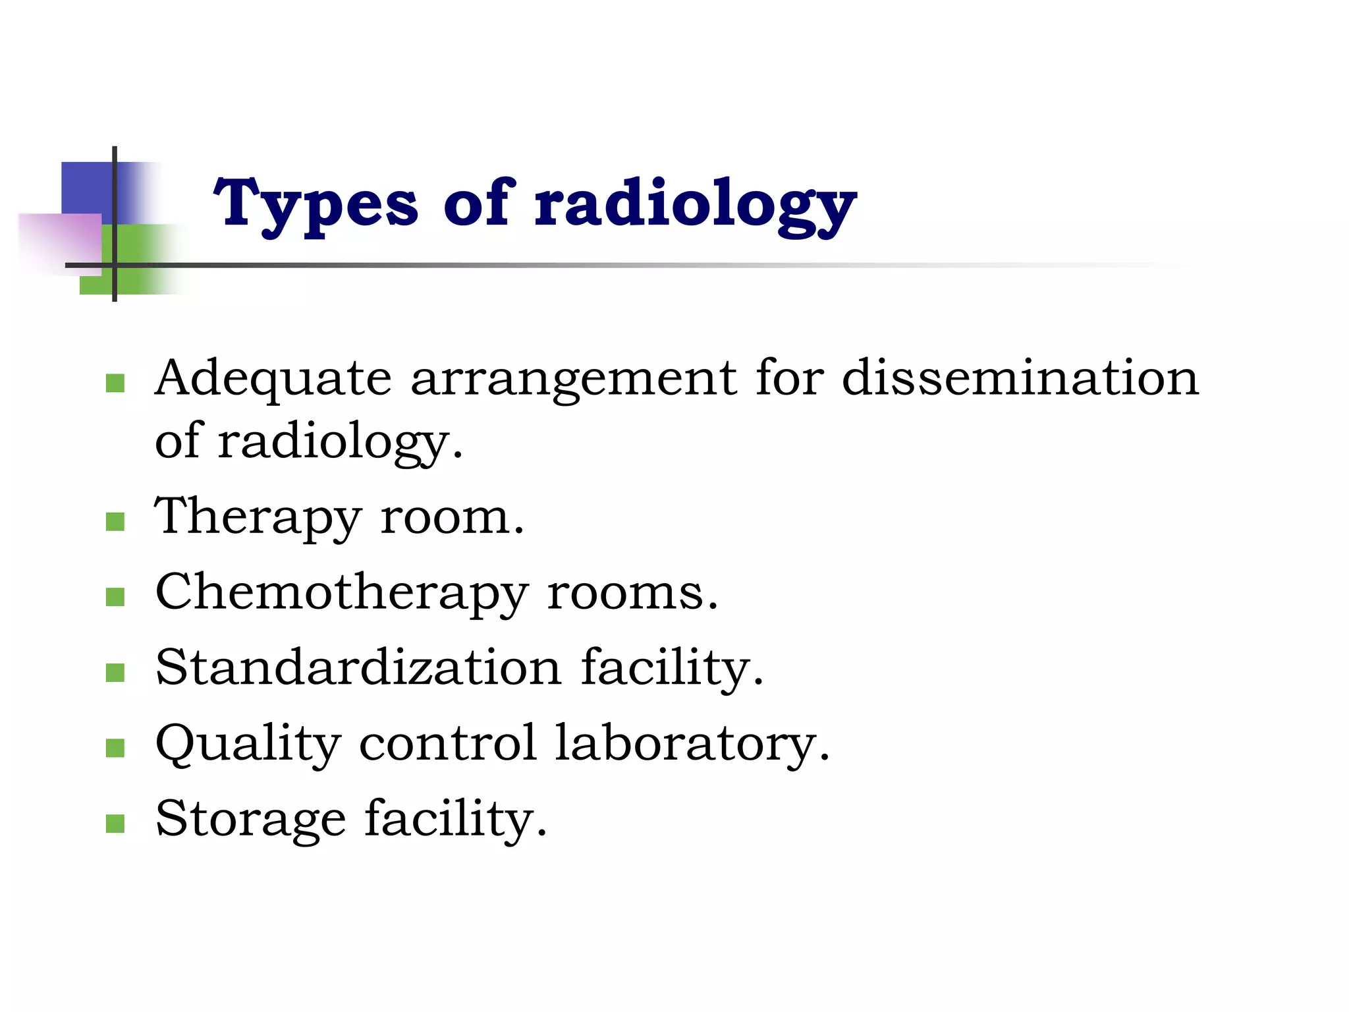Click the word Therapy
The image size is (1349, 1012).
(x=258, y=518)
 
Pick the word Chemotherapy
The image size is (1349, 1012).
(x=341, y=593)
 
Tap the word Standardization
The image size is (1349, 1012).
(x=358, y=668)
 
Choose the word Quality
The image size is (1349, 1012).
(x=248, y=745)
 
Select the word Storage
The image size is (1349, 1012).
(x=250, y=820)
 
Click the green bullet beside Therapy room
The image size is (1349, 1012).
(x=115, y=522)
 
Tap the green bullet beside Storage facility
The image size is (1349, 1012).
(x=115, y=824)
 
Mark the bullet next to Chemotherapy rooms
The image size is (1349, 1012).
(x=115, y=597)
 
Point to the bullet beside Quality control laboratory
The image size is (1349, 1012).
(x=115, y=748)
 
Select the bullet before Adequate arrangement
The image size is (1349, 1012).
(x=115, y=383)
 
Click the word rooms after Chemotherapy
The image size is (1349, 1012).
(x=632, y=593)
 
